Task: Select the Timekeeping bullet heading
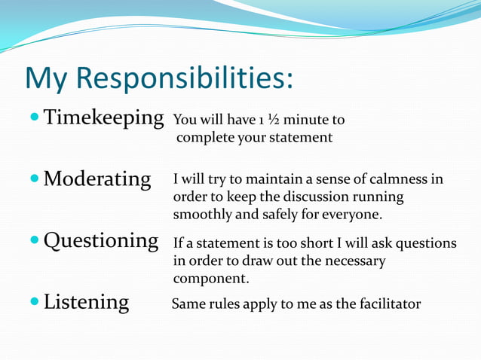[x=103, y=118]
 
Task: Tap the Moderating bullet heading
[x=97, y=179]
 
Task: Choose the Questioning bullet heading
[x=100, y=241]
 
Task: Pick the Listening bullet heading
[x=86, y=303]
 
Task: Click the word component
[x=210, y=278]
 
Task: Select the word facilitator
[x=387, y=304]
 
